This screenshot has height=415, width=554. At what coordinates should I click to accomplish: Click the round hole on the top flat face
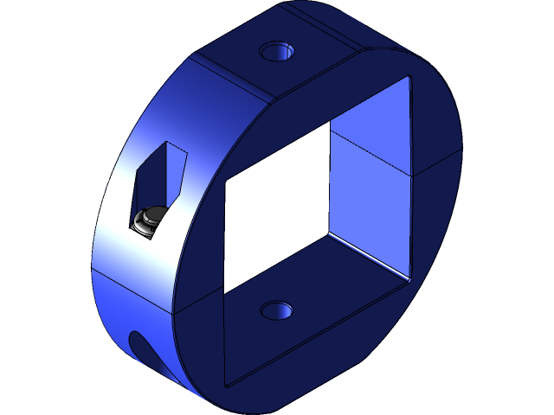[x=277, y=51]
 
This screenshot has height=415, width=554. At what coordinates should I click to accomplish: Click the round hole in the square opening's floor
[x=277, y=310]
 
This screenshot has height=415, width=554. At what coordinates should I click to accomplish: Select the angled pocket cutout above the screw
[x=162, y=173]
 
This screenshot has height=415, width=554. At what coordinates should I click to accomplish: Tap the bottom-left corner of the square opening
[x=225, y=384]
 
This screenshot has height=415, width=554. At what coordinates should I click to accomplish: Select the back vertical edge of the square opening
[x=331, y=182]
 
